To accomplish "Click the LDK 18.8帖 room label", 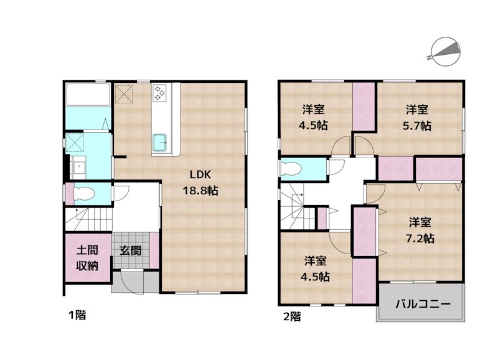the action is pyautogui.click(x=200, y=182).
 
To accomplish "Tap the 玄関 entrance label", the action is pyautogui.click(x=130, y=251).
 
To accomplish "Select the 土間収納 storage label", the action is pyautogui.click(x=87, y=258).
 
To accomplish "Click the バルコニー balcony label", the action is pyautogui.click(x=423, y=304).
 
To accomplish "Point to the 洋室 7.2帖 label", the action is pyautogui.click(x=420, y=230).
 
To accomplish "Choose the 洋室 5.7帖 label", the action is pyautogui.click(x=417, y=118).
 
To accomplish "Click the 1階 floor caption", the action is pyautogui.click(x=77, y=315).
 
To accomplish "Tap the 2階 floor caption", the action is pyautogui.click(x=292, y=316).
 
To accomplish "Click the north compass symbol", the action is pyautogui.click(x=444, y=52).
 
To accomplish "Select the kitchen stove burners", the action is pyautogui.click(x=159, y=93).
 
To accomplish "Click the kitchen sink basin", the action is pyautogui.click(x=160, y=143).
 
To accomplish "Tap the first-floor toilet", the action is pyautogui.click(x=84, y=193).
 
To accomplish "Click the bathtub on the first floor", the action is pyautogui.click(x=88, y=95).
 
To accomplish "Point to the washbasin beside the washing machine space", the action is pyautogui.click(x=78, y=168).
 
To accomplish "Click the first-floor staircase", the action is pyautogui.click(x=89, y=219).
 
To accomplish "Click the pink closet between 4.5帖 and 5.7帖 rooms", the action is pyautogui.click(x=364, y=106).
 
